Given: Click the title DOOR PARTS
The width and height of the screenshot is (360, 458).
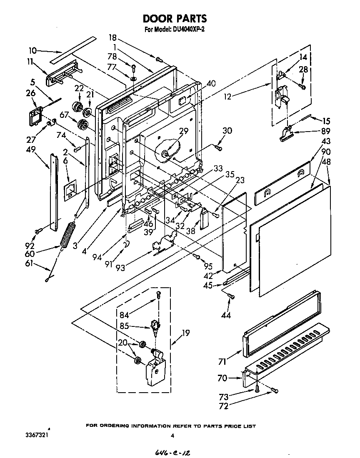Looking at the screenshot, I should [x=175, y=19].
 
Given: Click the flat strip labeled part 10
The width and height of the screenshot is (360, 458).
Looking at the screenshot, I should [x=72, y=49].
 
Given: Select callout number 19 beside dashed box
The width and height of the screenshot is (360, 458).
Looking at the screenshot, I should [x=185, y=333].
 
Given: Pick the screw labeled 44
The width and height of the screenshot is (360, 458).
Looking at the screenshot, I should [x=231, y=296].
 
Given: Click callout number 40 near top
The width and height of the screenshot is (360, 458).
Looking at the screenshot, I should [x=211, y=83].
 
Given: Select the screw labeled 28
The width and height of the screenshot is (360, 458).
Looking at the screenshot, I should [x=303, y=87].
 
